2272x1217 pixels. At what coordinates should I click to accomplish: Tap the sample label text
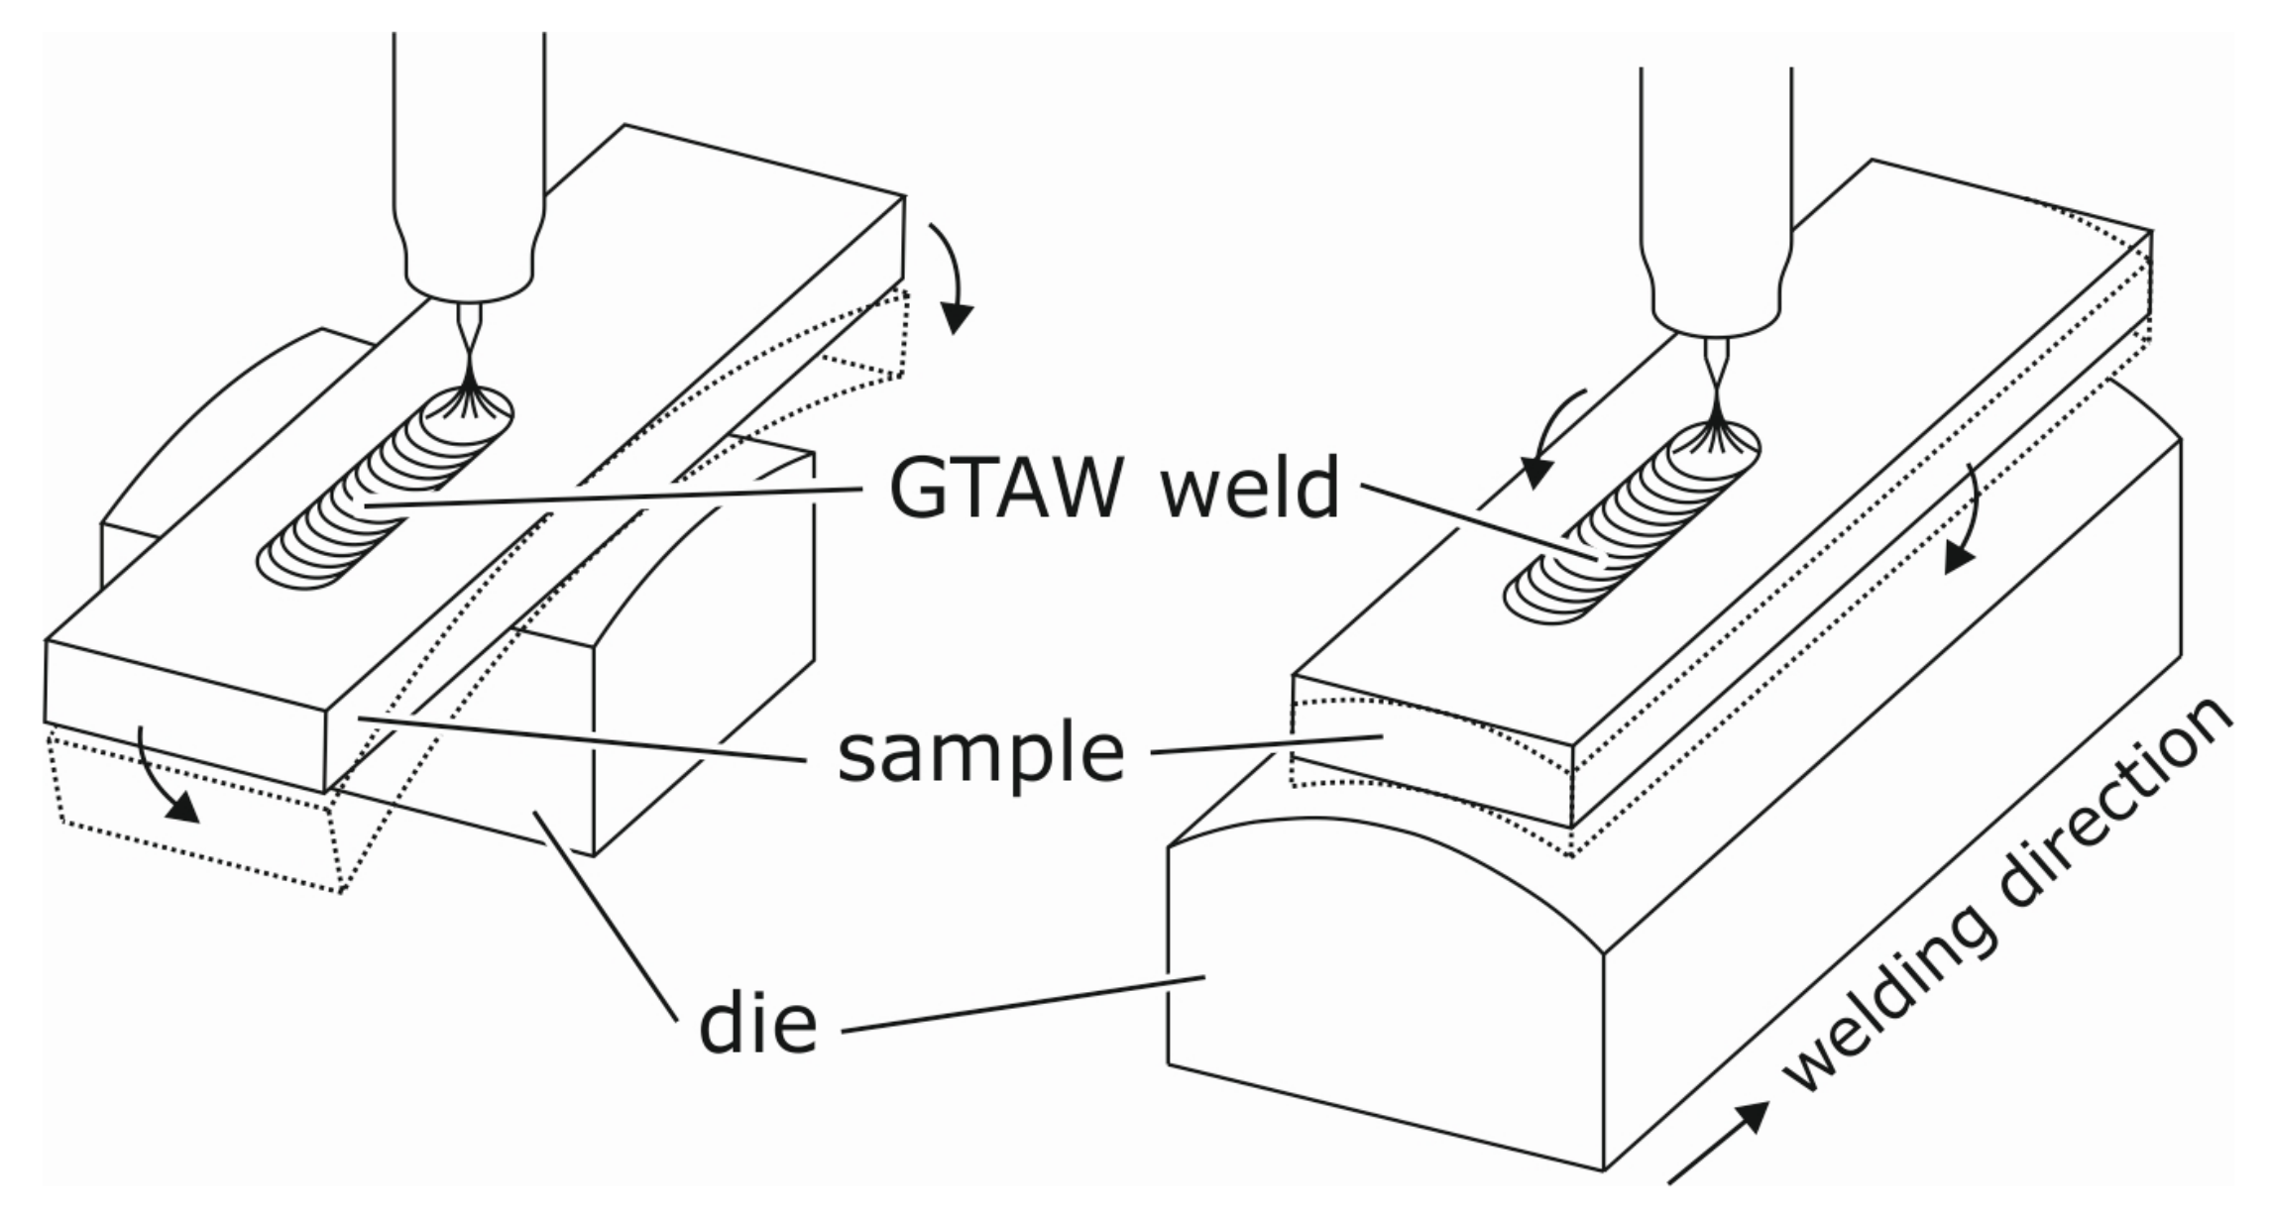[980, 753]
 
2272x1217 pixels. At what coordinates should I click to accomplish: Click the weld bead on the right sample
[1626, 535]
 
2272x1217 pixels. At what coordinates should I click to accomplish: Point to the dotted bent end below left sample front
[198, 842]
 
